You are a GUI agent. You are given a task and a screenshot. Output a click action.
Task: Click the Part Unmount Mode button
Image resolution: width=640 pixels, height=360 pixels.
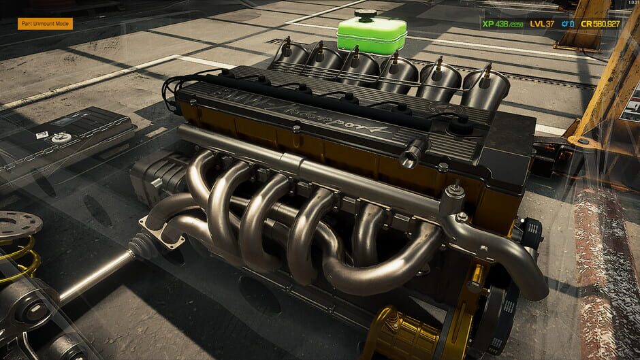click(45, 24)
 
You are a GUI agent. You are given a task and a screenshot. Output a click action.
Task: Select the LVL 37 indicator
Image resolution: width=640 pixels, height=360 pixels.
click(543, 24)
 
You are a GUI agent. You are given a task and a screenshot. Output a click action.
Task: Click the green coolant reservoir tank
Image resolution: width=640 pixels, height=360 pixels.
click(371, 37)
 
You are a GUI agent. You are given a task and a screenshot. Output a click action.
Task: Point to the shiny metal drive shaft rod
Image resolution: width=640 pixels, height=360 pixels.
click(95, 276)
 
